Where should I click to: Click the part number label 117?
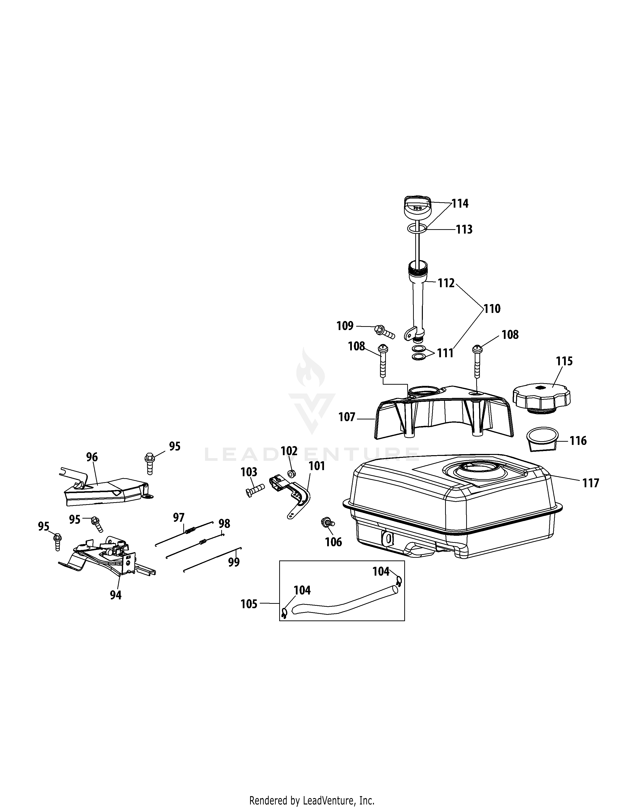[x=590, y=483]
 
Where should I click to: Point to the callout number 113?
[x=464, y=229]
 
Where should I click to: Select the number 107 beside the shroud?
[x=347, y=417]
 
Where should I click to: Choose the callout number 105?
[x=249, y=604]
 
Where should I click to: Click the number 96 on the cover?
[x=92, y=457]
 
